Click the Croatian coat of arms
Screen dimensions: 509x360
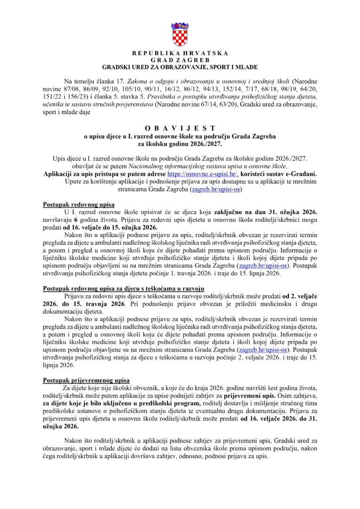pos(180,33)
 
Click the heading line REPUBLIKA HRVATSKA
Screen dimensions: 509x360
pos(180,54)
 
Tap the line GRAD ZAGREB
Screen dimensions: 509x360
pos(180,60)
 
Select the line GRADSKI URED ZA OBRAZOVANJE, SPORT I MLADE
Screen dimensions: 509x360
pos(180,67)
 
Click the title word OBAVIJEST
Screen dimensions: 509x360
pos(180,128)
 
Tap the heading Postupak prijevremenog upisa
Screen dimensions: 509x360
pos(86,380)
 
